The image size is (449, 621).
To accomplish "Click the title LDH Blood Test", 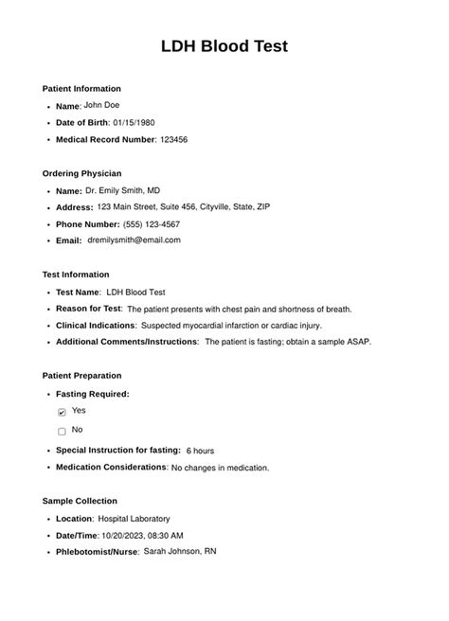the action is click(224, 45).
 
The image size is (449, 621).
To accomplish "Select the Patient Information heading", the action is click(81, 88).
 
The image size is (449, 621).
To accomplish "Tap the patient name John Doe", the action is click(101, 105).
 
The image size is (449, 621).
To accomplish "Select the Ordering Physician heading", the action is click(81, 173).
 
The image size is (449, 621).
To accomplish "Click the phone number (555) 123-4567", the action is click(152, 224).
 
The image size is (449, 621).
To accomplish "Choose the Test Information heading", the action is click(76, 275).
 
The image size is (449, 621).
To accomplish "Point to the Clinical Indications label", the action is click(96, 325).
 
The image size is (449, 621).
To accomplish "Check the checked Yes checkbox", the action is click(62, 413).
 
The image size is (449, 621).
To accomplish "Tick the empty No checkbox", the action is click(62, 432).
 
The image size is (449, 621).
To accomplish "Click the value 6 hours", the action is click(200, 451).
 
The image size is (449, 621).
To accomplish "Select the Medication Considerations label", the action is click(111, 467).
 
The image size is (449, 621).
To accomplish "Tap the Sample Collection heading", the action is click(80, 501).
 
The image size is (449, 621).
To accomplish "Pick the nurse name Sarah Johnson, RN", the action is click(180, 551).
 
